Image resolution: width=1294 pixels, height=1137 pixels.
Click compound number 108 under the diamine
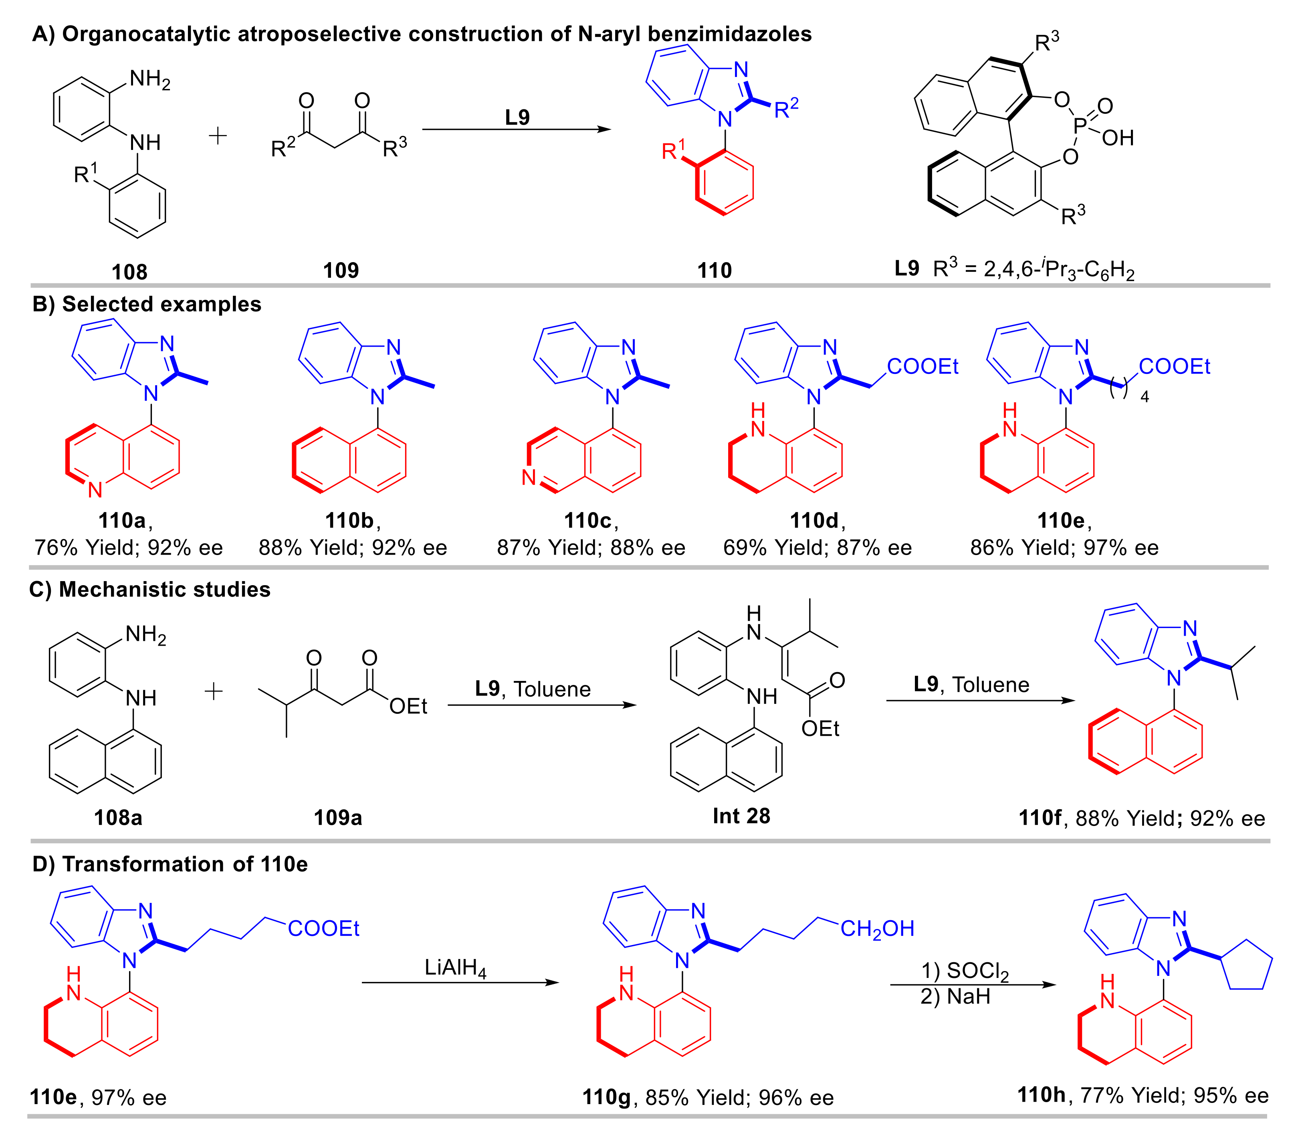point(129,272)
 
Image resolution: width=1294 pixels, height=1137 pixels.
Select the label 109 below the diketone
point(341,270)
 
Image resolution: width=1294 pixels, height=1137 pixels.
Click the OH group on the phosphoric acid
point(1117,138)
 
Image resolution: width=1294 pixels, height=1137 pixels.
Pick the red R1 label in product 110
point(673,151)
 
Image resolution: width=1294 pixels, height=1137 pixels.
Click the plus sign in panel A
point(218,135)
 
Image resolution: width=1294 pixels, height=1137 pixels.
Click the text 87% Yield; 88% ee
point(591,547)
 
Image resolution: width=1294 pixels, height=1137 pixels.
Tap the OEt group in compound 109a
point(408,706)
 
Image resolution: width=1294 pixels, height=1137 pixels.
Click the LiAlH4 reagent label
point(455,968)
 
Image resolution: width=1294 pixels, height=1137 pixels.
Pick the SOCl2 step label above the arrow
point(965,971)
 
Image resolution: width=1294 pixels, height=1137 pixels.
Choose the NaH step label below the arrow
point(956,997)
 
